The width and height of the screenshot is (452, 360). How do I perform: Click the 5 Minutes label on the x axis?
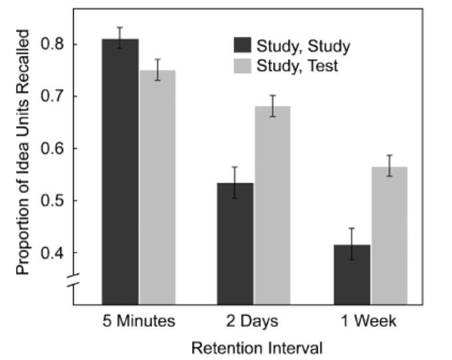[x=138, y=321]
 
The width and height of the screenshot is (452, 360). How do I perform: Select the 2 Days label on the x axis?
[x=255, y=321]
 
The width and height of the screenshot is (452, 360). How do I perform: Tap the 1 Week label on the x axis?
[x=370, y=321]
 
